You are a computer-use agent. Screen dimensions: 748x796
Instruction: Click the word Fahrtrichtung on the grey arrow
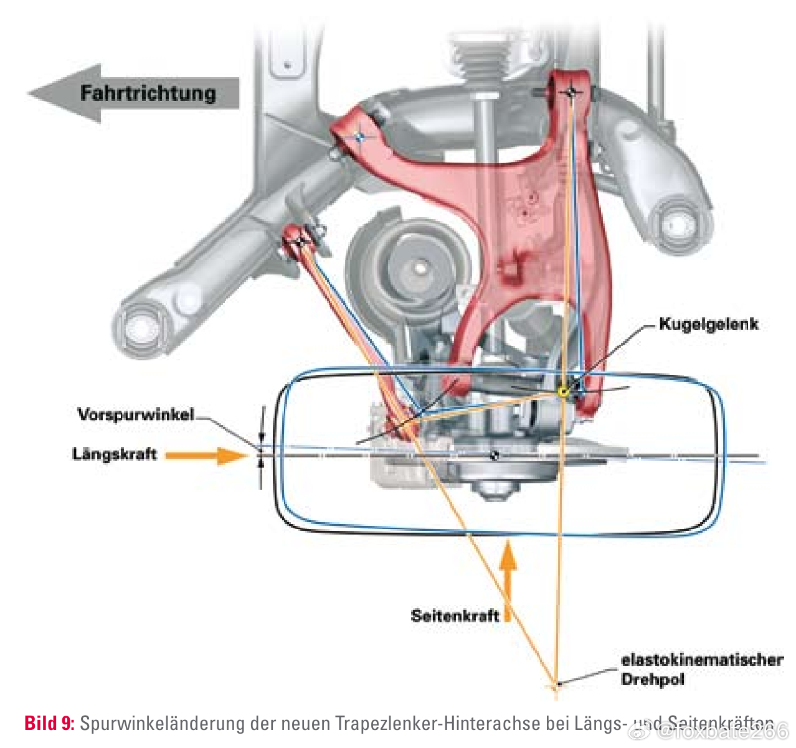(148, 93)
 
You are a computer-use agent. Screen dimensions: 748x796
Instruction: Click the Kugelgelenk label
(709, 324)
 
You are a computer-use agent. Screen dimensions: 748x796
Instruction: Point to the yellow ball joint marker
(563, 391)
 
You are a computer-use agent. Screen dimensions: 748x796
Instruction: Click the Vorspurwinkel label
(136, 414)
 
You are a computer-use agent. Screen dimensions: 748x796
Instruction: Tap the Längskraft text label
(115, 454)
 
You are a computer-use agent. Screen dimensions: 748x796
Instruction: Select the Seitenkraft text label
(455, 615)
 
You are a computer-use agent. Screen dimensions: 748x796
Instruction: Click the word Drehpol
(652, 679)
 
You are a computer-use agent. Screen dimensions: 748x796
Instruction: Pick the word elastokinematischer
(702, 660)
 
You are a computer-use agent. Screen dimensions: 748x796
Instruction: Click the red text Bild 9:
(49, 723)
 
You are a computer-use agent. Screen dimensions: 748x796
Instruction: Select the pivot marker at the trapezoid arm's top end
(571, 92)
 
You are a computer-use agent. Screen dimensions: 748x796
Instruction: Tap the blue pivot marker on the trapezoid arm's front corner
(359, 136)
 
